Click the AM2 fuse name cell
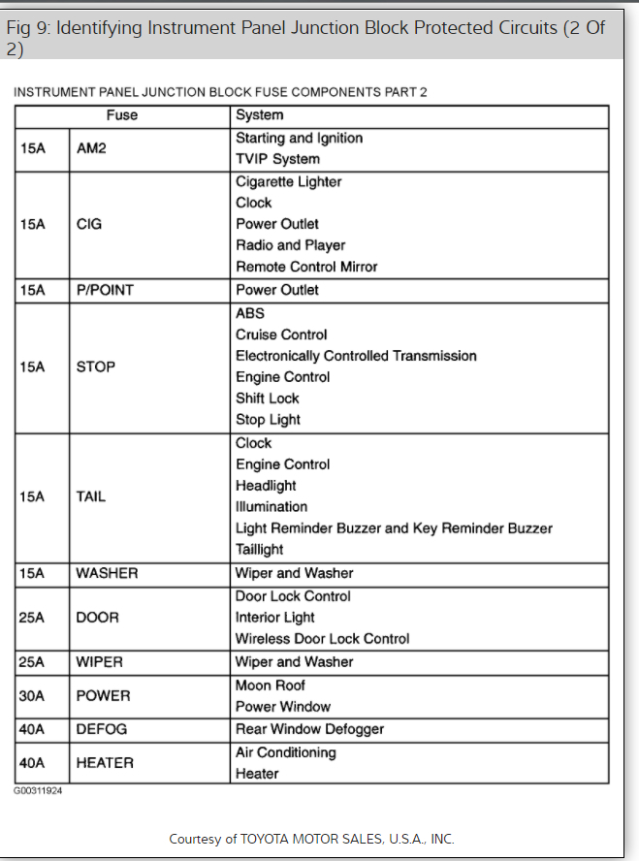click(90, 148)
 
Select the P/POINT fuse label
click(105, 290)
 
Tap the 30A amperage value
click(32, 696)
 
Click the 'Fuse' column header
click(122, 115)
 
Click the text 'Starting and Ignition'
click(299, 138)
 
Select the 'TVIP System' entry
click(277, 159)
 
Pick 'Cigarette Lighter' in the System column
click(288, 181)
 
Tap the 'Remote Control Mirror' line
click(306, 267)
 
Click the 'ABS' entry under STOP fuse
click(250, 313)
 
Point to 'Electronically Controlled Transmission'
click(356, 356)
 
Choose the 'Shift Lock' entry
click(268, 399)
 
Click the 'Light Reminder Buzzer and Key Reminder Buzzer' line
click(394, 528)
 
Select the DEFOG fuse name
click(102, 729)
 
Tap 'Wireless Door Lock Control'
click(322, 639)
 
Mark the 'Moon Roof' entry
click(271, 686)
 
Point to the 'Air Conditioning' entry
click(285, 752)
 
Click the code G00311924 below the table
click(38, 791)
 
